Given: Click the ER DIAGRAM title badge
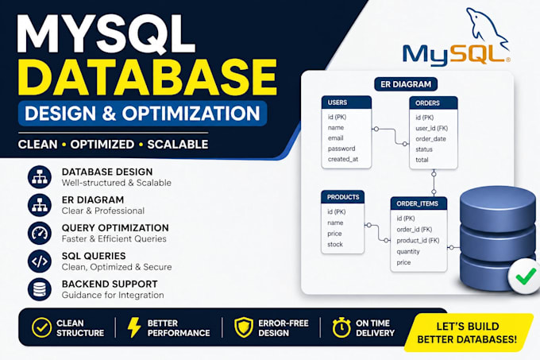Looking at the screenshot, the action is point(406,84).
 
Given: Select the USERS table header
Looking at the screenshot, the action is point(346,103).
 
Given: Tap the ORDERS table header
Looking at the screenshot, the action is point(434,103).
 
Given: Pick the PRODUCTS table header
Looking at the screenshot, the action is point(343,197).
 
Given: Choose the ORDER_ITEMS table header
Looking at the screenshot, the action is point(418,203).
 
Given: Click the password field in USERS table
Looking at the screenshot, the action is point(341,149).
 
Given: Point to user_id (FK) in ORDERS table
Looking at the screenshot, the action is point(431,128).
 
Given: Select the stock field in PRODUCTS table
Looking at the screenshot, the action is point(335,244).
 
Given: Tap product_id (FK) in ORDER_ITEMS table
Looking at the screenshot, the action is point(418,241).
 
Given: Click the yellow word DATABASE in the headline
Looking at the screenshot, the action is point(148,77).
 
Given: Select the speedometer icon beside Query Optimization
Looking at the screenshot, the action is point(40,233).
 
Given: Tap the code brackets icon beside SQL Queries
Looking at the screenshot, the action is point(40,261).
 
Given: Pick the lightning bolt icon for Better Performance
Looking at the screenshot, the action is point(133,327).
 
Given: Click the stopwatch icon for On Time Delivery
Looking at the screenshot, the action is point(341,327).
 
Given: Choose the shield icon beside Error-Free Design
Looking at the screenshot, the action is point(244,327).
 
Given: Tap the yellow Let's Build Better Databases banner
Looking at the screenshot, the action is point(467,332).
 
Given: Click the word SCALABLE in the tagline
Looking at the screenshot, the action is point(178,145).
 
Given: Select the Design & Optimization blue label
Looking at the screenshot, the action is point(142,114).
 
